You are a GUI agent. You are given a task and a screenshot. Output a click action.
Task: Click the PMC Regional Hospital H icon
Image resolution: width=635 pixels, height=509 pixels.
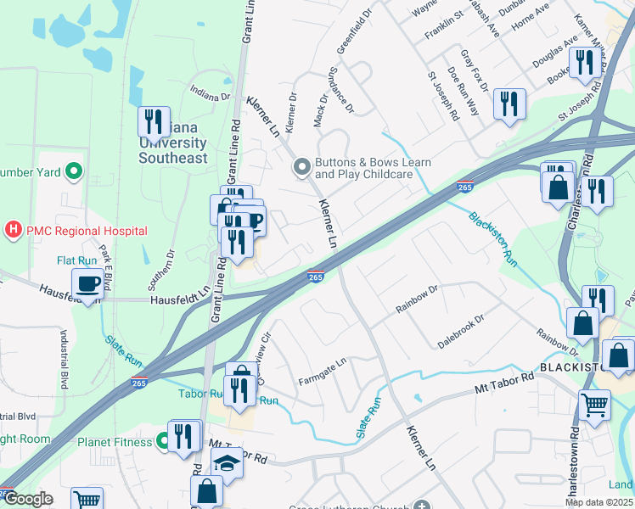click(x=14, y=230)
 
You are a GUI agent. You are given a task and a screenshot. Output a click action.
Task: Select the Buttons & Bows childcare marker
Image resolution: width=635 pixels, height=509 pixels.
click(x=301, y=168)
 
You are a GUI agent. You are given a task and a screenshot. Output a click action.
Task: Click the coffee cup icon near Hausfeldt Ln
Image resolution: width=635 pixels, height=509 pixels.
click(x=88, y=283)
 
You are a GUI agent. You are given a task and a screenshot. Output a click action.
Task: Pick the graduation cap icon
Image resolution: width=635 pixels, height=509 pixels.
click(x=227, y=463)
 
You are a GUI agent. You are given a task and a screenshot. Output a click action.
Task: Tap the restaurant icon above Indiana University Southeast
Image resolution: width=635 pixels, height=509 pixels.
click(x=154, y=121)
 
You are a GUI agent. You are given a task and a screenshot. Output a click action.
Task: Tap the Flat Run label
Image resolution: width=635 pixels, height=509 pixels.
click(x=76, y=260)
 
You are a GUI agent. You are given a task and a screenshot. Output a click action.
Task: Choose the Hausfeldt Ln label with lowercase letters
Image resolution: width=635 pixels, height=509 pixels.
click(x=179, y=299)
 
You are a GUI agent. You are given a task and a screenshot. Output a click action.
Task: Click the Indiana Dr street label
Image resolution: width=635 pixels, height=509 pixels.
click(x=211, y=94)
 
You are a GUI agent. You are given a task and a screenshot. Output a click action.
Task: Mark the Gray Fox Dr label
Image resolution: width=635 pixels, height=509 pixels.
click(x=473, y=70)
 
